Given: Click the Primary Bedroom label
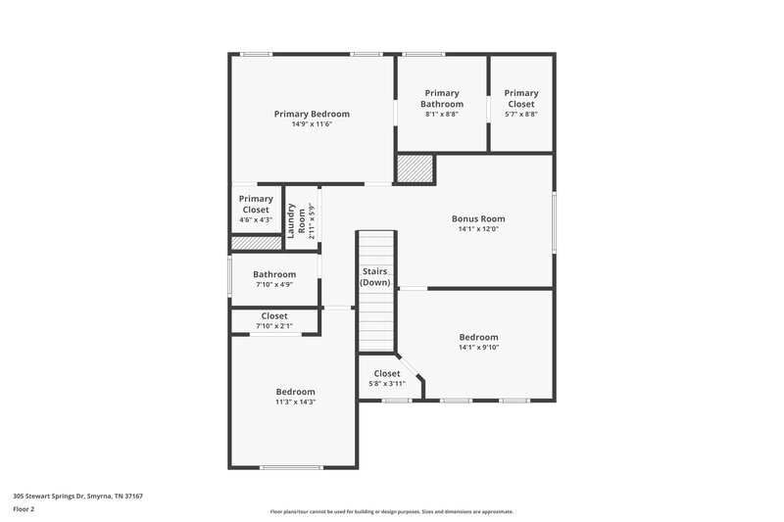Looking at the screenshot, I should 312,114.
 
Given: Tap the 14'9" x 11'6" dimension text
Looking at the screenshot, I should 312,124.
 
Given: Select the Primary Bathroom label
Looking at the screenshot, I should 440,98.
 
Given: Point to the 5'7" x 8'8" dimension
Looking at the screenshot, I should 521,114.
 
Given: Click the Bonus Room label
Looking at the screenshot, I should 478,218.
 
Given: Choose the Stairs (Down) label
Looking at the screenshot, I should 375,277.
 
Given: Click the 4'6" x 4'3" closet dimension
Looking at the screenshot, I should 257,219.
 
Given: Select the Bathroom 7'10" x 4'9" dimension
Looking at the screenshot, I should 274,285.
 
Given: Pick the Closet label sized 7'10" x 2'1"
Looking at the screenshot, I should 274,316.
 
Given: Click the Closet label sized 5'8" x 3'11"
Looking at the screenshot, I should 387,373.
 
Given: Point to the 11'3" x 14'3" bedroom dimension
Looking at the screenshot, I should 295,402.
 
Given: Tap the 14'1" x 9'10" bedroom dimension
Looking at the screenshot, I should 478,347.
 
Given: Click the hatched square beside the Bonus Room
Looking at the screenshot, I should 415,168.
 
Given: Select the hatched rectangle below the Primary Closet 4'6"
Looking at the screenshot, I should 257,242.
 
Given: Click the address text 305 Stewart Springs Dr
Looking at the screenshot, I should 77,497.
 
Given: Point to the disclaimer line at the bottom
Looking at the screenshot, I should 391,511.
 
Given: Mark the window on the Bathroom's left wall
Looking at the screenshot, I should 230,279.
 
